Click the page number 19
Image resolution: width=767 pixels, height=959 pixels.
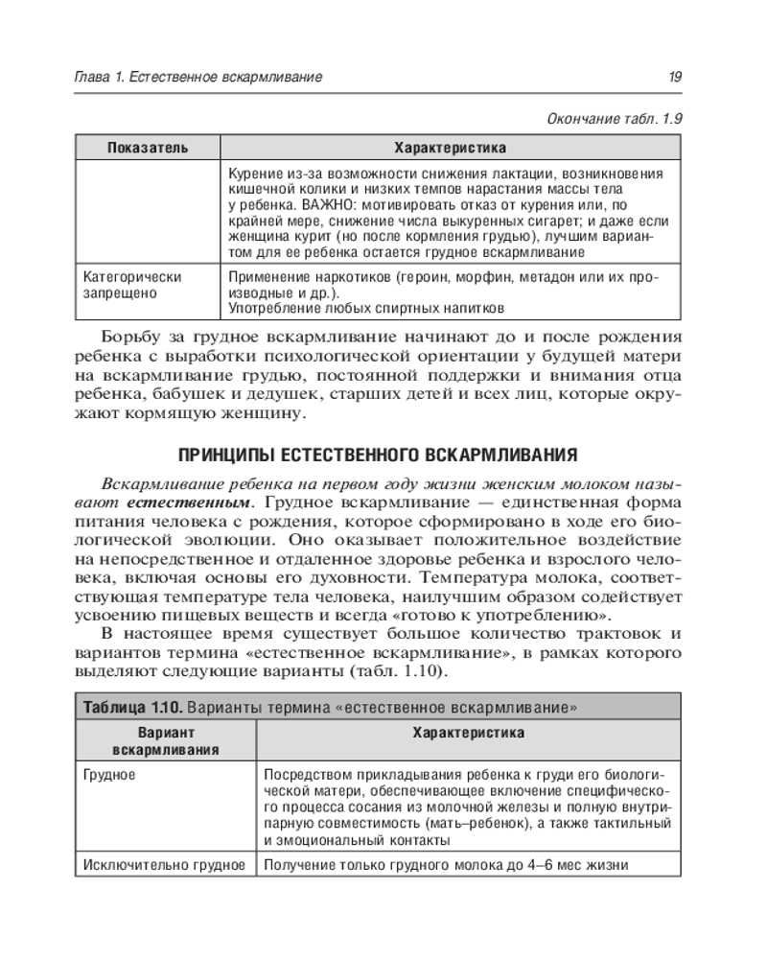pos(675,77)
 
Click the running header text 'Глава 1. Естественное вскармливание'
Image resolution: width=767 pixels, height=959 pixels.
pos(198,77)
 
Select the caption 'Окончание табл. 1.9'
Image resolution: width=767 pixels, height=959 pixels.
pos(614,119)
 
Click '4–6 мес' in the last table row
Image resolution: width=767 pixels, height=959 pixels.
pos(516,865)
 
